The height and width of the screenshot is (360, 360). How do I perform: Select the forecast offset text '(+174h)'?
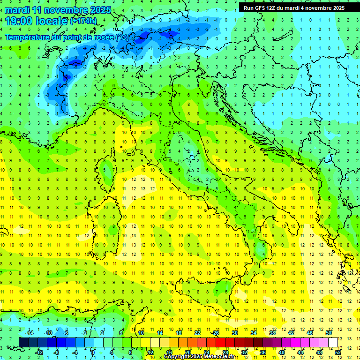click(x=83, y=21)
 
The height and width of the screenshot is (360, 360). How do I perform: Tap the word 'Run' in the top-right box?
click(x=249, y=8)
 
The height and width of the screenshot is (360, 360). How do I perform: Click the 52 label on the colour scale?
click(x=337, y=352)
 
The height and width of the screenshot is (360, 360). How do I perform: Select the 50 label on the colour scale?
click(x=328, y=333)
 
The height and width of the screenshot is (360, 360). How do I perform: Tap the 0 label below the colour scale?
click(x=93, y=352)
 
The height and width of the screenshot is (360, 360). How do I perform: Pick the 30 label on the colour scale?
click(x=234, y=333)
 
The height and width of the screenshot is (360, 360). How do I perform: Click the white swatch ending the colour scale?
click(x=333, y=342)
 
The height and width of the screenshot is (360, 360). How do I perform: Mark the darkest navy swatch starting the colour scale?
click(x=24, y=342)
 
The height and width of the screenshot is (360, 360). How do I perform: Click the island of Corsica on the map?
click(x=107, y=166)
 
